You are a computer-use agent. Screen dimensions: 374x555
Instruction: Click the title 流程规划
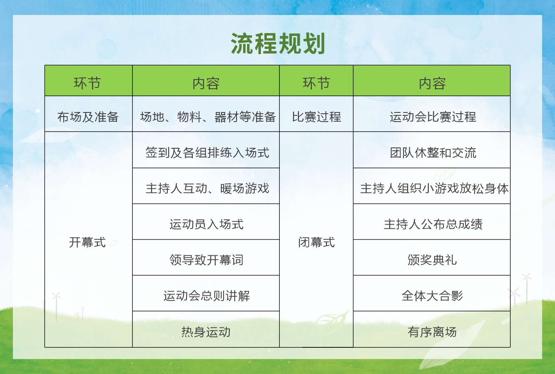click(278, 44)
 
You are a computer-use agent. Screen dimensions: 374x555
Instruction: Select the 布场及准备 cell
click(88, 117)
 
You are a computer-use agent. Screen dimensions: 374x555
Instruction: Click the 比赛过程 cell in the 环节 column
click(316, 117)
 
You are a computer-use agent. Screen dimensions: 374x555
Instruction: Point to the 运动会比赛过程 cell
click(432, 117)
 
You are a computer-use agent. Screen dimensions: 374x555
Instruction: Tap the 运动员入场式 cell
click(206, 224)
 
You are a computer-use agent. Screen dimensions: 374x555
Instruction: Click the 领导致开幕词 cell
click(206, 260)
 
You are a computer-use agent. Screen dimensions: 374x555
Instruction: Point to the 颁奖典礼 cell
click(432, 260)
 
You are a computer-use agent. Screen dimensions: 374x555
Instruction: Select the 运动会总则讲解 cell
click(206, 296)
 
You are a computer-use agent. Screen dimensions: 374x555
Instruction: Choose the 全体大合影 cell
click(432, 296)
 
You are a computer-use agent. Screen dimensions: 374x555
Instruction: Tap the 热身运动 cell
click(206, 332)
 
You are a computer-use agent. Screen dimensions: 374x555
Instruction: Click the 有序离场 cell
click(432, 332)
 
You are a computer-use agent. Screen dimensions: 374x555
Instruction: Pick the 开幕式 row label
click(87, 242)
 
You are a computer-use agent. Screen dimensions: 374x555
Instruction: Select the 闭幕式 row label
click(316, 242)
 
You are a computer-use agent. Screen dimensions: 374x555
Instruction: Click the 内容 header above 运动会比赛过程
click(432, 83)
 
